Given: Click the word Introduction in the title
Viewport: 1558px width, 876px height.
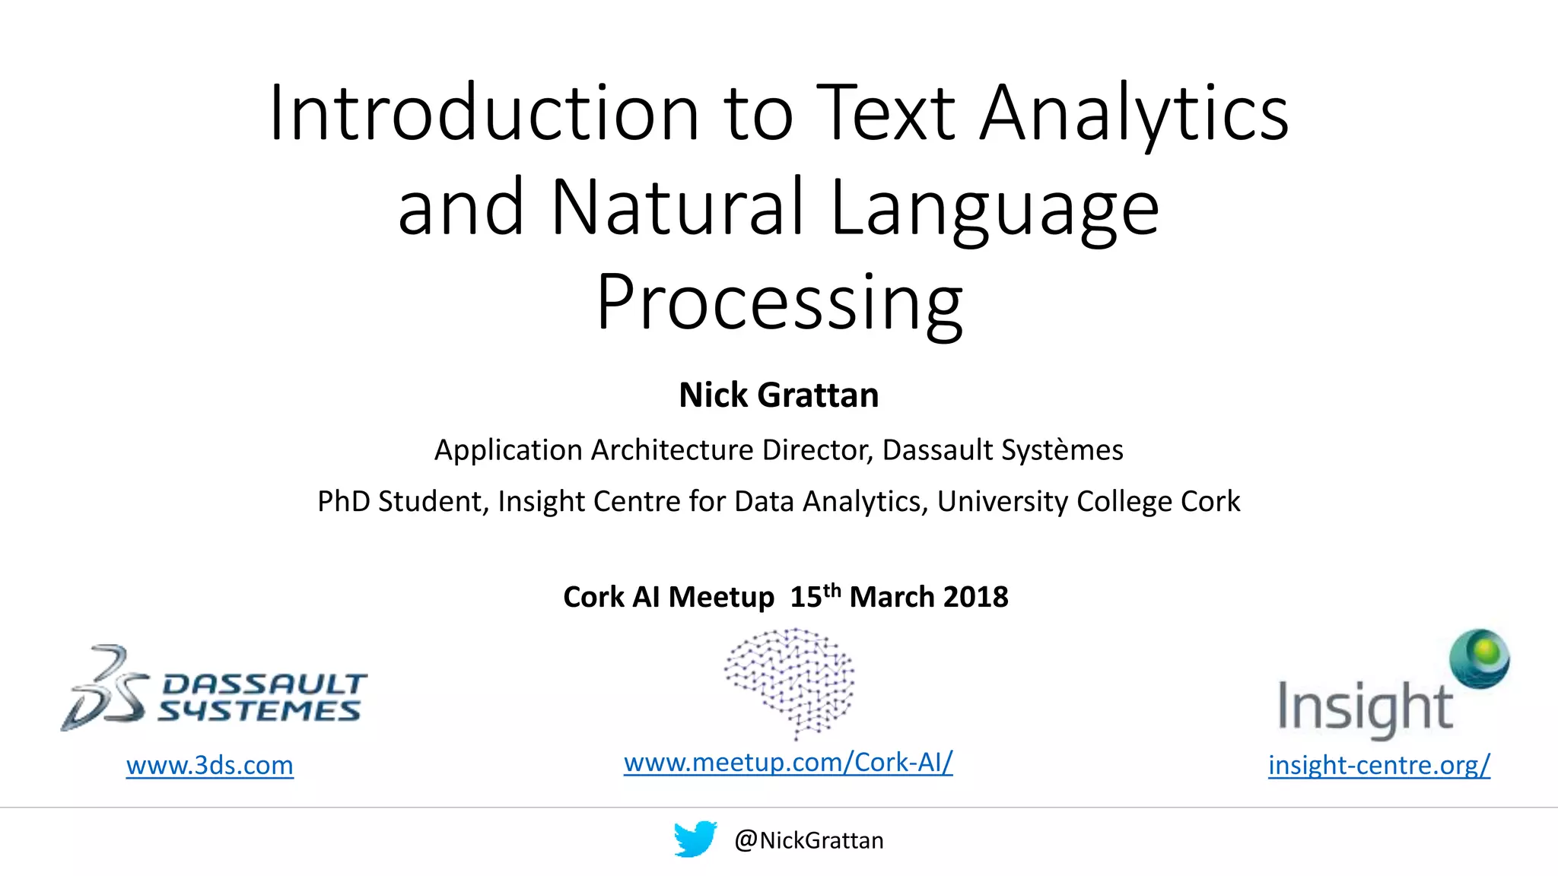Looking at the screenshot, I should [x=484, y=114].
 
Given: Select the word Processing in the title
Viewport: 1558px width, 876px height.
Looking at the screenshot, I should [x=779, y=303].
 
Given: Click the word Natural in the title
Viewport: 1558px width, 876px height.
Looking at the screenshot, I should [x=677, y=208].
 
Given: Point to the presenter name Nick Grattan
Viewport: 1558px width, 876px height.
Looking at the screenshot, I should [x=778, y=395].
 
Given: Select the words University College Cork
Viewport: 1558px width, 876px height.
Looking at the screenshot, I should [x=1088, y=502].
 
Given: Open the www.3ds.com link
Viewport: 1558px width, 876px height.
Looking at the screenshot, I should [x=209, y=765].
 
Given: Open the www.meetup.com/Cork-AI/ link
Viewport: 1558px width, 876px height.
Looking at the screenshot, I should [x=788, y=762].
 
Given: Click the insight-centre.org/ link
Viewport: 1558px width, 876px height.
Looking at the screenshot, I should [x=1378, y=765].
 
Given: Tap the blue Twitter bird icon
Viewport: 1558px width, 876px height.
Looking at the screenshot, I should [x=695, y=839].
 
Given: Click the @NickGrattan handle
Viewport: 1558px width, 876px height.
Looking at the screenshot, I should [x=809, y=840].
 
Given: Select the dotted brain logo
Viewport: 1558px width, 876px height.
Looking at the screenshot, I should [x=790, y=681].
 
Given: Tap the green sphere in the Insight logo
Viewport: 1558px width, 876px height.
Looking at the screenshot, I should [x=1480, y=657].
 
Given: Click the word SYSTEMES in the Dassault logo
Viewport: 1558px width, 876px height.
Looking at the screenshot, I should [x=259, y=712].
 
